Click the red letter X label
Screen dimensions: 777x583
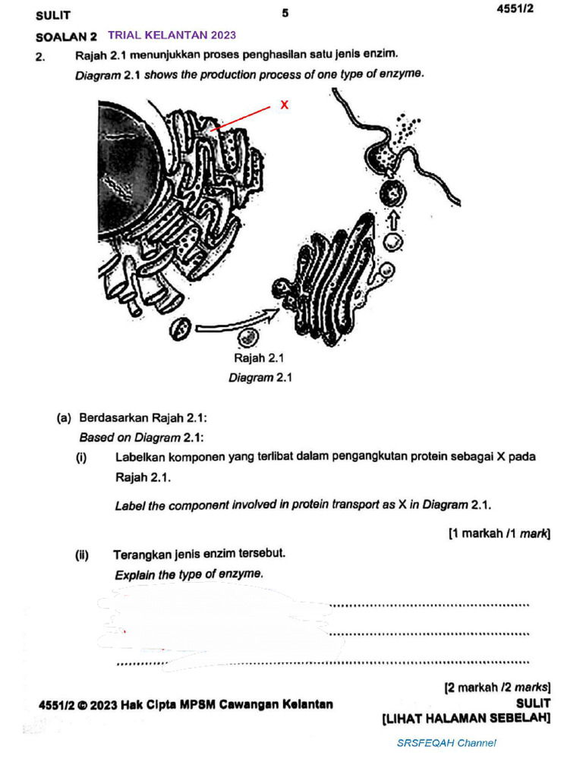(284, 105)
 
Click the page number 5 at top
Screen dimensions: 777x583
(285, 13)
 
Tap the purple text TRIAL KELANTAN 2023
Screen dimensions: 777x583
(172, 35)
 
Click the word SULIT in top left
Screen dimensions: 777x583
(53, 15)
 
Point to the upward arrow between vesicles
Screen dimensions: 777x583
(392, 221)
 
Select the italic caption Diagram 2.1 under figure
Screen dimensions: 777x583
(260, 377)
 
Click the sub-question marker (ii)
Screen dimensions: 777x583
(82, 555)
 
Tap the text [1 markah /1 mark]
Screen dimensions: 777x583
(499, 533)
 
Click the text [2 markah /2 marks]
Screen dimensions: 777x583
(496, 688)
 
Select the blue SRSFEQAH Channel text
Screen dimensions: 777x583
(446, 743)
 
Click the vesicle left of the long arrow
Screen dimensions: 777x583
(180, 329)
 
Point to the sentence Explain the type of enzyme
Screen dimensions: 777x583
(189, 574)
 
